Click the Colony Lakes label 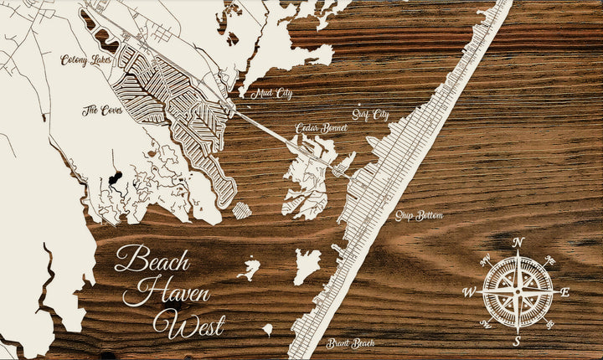click(x=85, y=60)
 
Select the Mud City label click(x=271, y=94)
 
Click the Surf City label click(x=371, y=114)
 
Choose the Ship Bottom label click(x=420, y=216)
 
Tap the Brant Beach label click(x=351, y=343)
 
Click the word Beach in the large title click(x=152, y=259)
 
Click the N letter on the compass click(x=518, y=243)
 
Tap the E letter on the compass click(x=565, y=292)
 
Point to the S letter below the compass click(x=518, y=341)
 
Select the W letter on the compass click(x=470, y=292)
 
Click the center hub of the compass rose click(x=518, y=291)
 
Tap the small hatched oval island click(x=241, y=209)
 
